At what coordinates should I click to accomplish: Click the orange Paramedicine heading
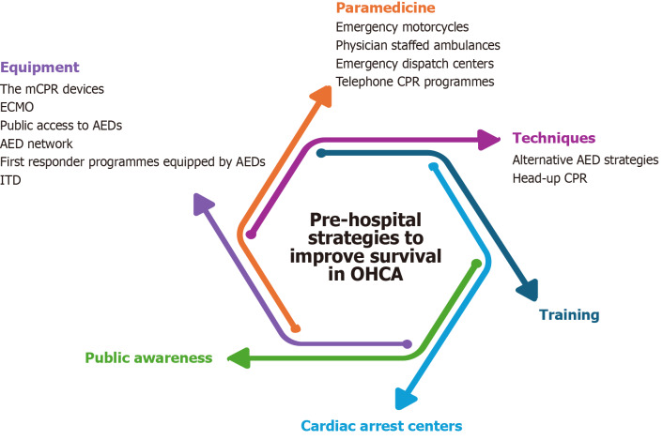(385, 8)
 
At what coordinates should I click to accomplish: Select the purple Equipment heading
(39, 68)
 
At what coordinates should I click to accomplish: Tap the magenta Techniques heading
(554, 138)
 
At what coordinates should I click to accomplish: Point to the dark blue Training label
(569, 315)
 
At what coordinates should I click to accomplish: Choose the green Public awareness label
(148, 357)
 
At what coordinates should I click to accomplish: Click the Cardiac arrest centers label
(381, 426)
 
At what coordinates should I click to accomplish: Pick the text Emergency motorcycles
(402, 27)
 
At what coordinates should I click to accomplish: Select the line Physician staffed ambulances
(418, 45)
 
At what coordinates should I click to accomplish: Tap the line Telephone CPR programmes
(415, 82)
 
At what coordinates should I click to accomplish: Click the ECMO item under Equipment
(17, 107)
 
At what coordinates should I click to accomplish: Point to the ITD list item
(10, 180)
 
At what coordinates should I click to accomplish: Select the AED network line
(37, 144)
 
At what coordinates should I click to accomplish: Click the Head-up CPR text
(549, 178)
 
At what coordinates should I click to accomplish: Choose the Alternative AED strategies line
(585, 160)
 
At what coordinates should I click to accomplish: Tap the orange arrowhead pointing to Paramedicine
(322, 96)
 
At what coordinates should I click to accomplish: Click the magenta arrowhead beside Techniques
(488, 140)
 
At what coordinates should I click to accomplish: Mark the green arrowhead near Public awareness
(239, 358)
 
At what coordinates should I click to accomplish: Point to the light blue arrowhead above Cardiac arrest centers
(405, 399)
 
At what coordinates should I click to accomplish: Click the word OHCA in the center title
(377, 275)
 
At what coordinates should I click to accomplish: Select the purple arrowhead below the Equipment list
(203, 204)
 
